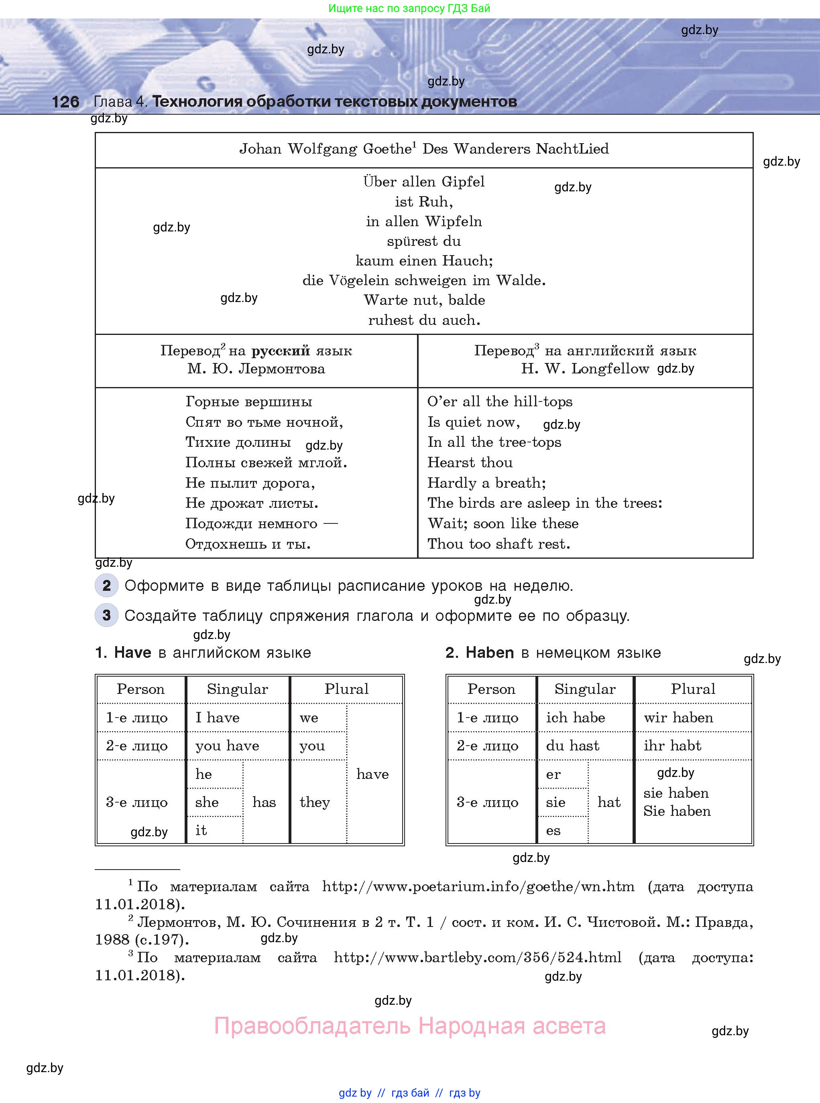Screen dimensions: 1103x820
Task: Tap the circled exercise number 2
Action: point(107,585)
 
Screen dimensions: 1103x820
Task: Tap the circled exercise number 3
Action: point(107,616)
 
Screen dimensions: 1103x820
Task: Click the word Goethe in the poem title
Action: point(388,149)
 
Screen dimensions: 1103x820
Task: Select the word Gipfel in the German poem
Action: point(463,182)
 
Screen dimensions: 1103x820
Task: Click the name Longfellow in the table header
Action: point(610,369)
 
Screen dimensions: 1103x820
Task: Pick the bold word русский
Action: point(281,351)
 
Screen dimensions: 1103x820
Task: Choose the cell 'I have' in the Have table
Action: point(218,718)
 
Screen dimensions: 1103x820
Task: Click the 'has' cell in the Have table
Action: point(264,802)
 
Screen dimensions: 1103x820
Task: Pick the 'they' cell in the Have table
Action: point(315,802)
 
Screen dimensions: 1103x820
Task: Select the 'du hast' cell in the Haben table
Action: point(572,745)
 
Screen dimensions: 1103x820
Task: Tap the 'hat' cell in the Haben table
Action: point(609,802)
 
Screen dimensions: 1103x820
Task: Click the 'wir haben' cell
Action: point(678,718)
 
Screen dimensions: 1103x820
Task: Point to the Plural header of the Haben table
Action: point(693,689)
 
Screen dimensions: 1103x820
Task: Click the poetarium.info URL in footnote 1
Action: point(478,886)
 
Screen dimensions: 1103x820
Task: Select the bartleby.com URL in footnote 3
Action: point(477,957)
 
